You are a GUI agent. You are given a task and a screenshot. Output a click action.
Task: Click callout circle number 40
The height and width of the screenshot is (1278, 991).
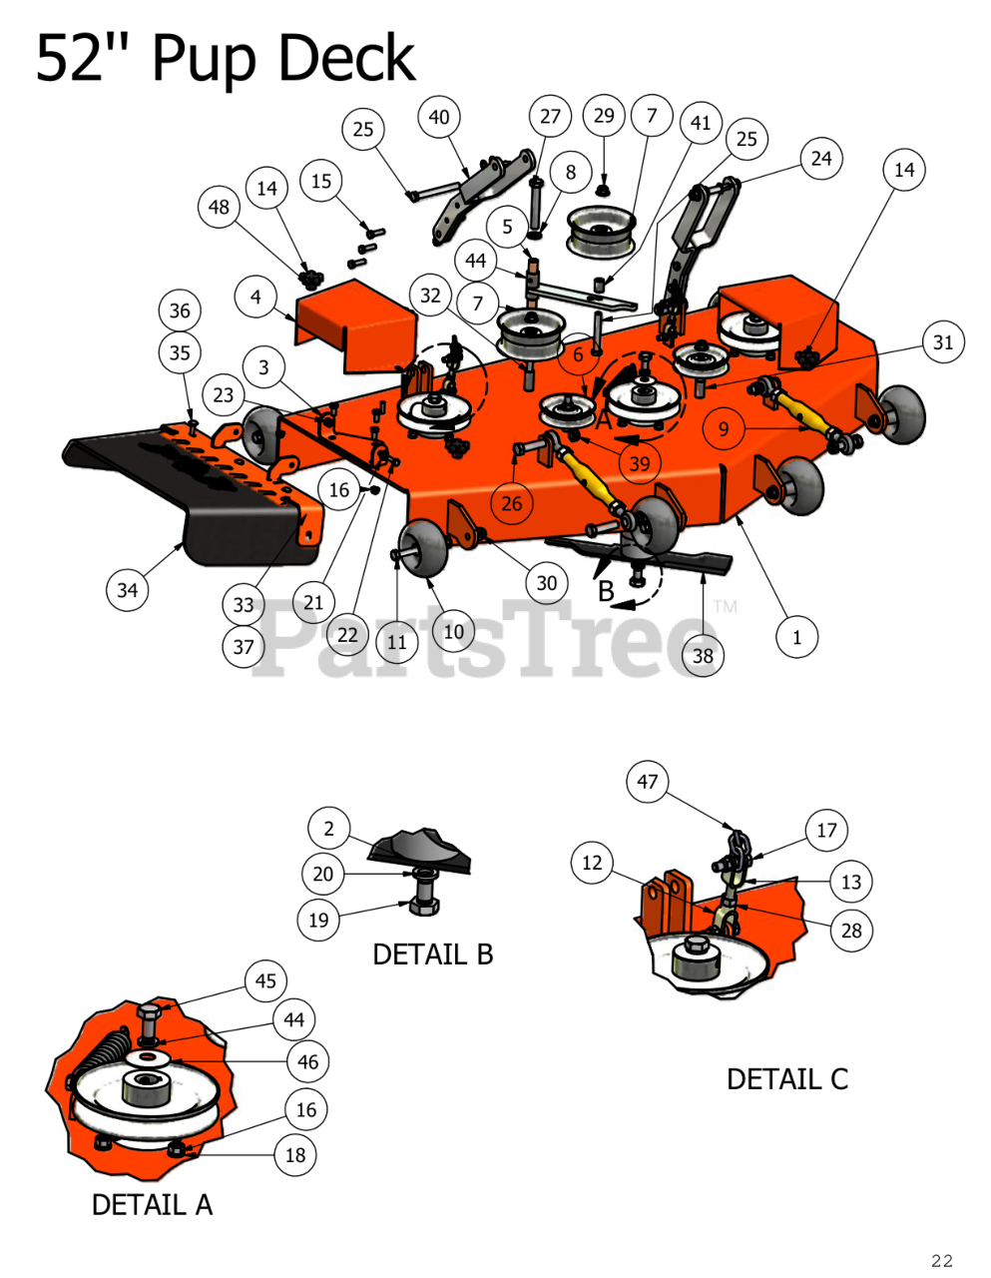point(439,117)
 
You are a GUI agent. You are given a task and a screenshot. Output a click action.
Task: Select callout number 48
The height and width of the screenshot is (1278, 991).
point(219,207)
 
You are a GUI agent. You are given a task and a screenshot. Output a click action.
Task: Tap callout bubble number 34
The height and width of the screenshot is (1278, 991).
point(128,590)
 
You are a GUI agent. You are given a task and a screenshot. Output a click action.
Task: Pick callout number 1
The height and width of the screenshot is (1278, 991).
point(796,637)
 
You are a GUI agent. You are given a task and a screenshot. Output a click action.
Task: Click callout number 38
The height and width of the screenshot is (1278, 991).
point(703,655)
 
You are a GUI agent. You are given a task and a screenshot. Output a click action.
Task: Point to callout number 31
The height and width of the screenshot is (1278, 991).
point(943,342)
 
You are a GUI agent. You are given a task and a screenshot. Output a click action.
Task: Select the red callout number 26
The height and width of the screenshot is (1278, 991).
point(512,503)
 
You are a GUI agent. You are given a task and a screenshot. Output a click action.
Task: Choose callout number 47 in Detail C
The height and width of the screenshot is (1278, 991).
point(648,782)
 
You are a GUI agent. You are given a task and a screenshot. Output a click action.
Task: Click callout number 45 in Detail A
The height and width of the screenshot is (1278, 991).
point(265,980)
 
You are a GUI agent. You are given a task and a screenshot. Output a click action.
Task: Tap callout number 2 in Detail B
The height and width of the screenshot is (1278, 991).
point(328,828)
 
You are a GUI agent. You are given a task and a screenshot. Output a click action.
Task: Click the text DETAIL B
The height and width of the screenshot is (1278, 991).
point(432,955)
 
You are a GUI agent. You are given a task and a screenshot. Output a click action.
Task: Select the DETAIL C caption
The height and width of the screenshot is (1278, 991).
point(786,1079)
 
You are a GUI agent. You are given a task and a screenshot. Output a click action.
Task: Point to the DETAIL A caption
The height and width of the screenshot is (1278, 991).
point(152,1205)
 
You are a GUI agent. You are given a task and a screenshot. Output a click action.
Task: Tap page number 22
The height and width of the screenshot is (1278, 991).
point(941,1261)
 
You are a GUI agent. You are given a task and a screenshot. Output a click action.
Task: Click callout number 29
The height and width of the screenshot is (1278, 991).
point(604,116)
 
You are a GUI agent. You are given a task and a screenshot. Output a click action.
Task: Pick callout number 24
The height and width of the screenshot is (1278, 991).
point(821,159)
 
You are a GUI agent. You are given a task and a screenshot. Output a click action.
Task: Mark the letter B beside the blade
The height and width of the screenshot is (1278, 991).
point(606,591)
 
